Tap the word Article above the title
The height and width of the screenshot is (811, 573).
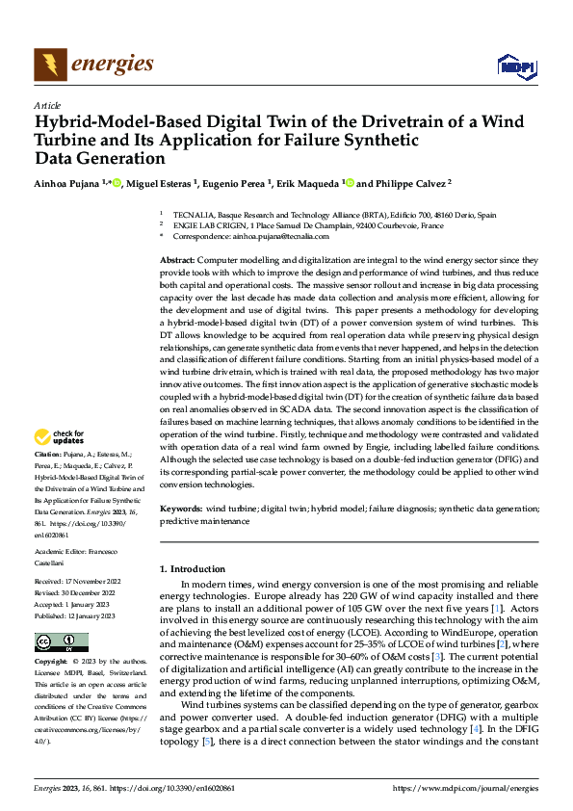click(47, 105)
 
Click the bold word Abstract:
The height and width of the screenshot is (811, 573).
click(176, 261)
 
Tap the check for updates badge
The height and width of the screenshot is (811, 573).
click(61, 438)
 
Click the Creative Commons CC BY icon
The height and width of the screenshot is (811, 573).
click(61, 641)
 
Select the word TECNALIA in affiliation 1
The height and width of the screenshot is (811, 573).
click(195, 215)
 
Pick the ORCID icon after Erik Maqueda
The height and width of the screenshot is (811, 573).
click(349, 183)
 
